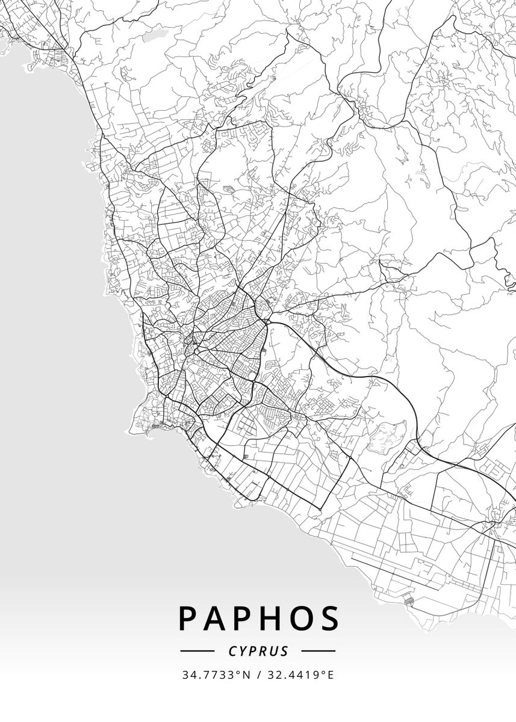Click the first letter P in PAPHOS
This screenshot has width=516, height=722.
(x=188, y=618)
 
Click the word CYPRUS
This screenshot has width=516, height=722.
(x=258, y=651)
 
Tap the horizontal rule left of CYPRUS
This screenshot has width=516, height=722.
(x=197, y=651)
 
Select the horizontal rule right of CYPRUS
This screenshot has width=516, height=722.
(x=318, y=651)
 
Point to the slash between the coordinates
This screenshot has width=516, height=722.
(x=258, y=675)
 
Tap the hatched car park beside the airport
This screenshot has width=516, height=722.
(x=408, y=599)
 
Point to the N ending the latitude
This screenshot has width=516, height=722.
(x=247, y=675)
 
